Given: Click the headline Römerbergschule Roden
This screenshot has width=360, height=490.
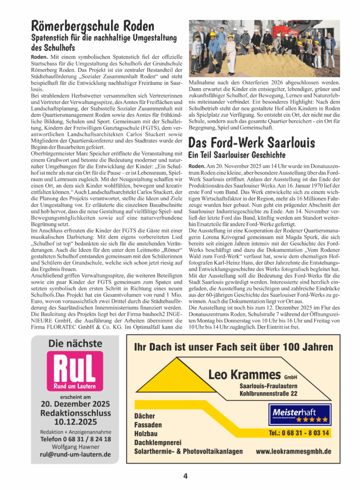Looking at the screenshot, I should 93,25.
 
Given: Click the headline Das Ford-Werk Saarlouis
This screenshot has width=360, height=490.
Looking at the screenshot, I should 251,143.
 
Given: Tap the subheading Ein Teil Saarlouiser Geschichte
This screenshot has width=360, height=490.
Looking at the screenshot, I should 237,155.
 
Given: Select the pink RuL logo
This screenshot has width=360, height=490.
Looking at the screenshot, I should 75,371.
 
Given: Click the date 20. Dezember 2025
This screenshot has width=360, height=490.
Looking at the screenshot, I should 75,403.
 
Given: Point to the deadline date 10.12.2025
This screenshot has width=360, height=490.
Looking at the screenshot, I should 75,422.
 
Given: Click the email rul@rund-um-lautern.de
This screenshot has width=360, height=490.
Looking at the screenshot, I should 75,454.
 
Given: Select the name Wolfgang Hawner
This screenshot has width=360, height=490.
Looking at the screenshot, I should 75,446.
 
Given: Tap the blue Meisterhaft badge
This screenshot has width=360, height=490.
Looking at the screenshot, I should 300,414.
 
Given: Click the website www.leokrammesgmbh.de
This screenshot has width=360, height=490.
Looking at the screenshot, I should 293,451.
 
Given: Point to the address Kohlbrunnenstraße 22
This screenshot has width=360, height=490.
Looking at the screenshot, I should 269,393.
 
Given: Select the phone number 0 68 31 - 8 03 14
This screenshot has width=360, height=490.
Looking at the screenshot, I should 299,433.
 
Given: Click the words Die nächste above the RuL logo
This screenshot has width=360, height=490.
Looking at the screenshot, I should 75,343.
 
